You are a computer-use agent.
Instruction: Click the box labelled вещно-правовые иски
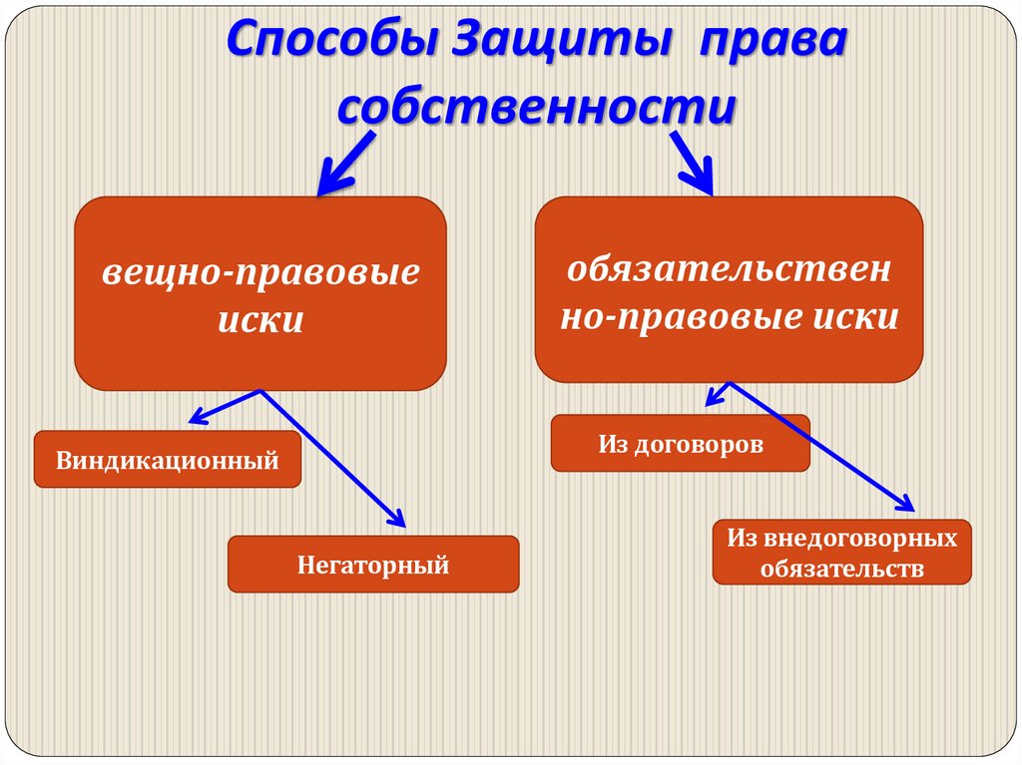(259, 292)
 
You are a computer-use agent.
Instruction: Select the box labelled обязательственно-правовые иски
(729, 289)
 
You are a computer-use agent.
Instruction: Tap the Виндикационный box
(167, 460)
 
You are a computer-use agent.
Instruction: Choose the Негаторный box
(373, 565)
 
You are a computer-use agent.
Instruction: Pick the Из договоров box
(680, 443)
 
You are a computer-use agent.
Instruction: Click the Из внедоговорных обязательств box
(841, 552)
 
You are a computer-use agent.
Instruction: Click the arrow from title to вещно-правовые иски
(344, 165)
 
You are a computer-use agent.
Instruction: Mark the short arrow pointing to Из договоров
(718, 393)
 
